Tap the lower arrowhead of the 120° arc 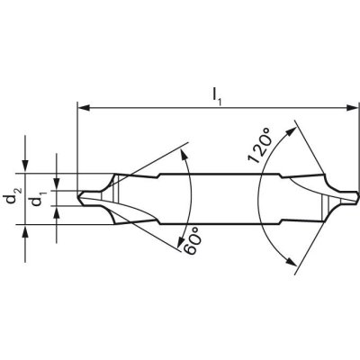pyautogui.click(x=293, y=261)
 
